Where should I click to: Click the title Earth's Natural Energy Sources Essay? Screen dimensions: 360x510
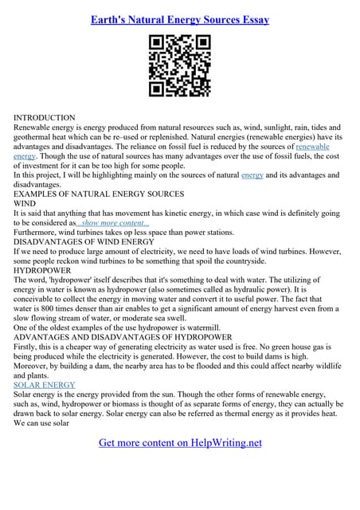click(x=179, y=19)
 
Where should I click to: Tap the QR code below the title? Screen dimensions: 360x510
click(x=179, y=66)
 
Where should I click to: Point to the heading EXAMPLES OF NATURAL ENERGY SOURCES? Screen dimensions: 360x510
click(x=99, y=194)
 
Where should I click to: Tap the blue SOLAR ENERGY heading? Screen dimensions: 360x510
click(x=45, y=385)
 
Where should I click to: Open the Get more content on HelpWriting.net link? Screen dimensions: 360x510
click(x=180, y=443)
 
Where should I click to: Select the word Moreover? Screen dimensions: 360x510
click(x=33, y=366)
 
